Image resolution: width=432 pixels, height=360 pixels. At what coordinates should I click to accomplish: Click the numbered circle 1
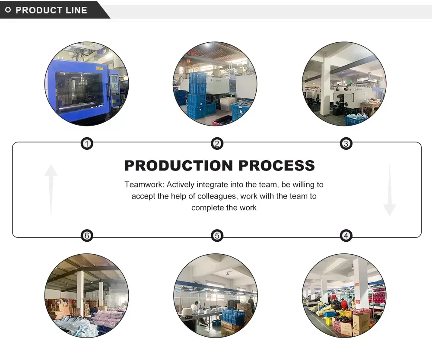point(87,144)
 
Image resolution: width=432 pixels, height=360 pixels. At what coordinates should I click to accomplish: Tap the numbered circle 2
point(217,144)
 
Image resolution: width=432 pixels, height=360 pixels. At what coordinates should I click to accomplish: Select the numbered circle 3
point(346,144)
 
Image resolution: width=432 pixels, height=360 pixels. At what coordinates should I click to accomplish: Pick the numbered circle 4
point(346,236)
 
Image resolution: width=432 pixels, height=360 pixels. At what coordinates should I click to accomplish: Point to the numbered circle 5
point(217,236)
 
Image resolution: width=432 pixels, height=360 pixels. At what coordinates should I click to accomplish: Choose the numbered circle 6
point(87,236)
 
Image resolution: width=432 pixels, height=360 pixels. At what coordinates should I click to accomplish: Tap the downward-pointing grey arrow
point(389,190)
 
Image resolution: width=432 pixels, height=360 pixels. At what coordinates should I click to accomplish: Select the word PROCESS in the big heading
point(277,166)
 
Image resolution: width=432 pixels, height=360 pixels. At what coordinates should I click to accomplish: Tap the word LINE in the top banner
point(77,10)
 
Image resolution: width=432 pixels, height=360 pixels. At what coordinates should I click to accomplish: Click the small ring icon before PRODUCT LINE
point(8,10)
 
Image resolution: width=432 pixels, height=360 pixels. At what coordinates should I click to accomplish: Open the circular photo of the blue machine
point(86,84)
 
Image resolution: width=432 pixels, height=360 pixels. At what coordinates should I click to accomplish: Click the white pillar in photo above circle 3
point(325,88)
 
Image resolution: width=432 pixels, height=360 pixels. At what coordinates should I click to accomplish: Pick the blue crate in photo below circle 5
point(233,316)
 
